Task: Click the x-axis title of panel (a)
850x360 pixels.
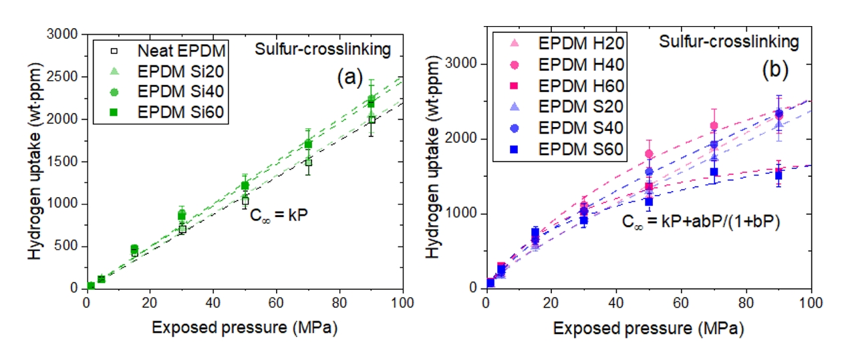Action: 244,328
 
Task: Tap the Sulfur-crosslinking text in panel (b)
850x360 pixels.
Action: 729,43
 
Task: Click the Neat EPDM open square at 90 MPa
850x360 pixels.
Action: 372,120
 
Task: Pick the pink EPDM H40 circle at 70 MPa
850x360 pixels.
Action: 714,126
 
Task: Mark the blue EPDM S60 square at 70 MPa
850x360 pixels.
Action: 714,172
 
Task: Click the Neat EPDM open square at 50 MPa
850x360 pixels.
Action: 245,200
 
